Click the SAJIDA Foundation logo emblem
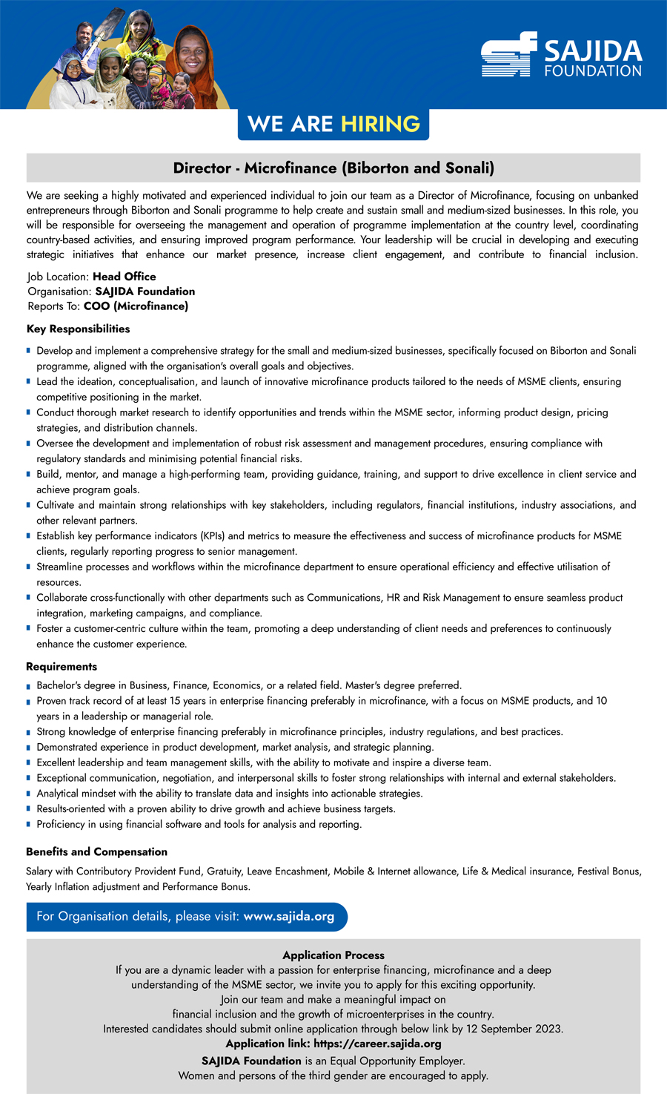(508, 54)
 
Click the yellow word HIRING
(380, 124)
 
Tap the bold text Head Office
(124, 277)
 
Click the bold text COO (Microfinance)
(136, 306)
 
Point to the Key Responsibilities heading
(78, 329)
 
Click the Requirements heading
(62, 667)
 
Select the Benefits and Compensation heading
(96, 851)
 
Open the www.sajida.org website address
(288, 917)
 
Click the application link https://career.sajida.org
(377, 1044)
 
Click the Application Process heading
(333, 955)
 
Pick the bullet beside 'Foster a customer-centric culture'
(28, 629)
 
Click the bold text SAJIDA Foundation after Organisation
(145, 291)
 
